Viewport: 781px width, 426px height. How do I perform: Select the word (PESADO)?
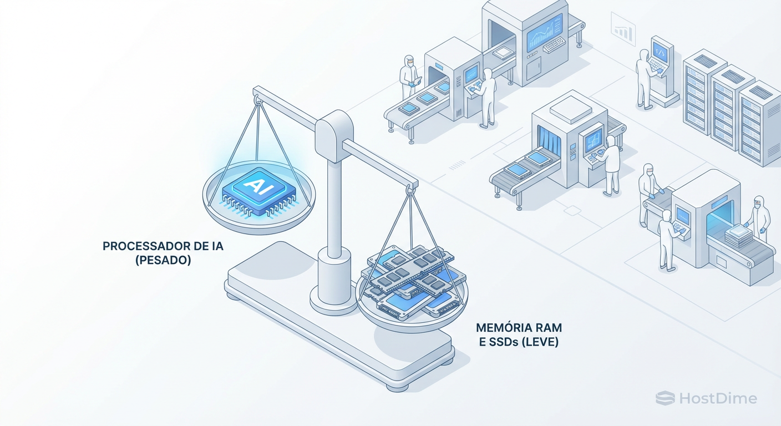pyautogui.click(x=163, y=260)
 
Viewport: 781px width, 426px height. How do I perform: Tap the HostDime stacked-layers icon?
pyautogui.click(x=665, y=398)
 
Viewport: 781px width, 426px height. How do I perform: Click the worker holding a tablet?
pyautogui.click(x=409, y=78)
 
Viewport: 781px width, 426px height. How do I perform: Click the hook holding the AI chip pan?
pyautogui.click(x=257, y=100)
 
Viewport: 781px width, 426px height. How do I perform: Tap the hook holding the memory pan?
pyautogui.click(x=410, y=190)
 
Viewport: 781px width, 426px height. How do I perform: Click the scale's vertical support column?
pyautogui.click(x=333, y=205)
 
